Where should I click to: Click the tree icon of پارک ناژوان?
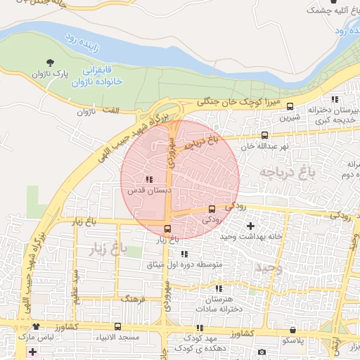click(x=49, y=63)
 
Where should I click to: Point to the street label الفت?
click(x=112, y=110)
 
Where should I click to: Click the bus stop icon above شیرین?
click(x=290, y=108)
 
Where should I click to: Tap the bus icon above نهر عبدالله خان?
click(x=264, y=136)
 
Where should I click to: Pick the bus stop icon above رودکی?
click(x=212, y=209)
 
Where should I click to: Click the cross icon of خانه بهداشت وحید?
click(x=251, y=226)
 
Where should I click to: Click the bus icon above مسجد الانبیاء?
click(x=117, y=327)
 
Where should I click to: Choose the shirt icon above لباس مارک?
click(x=36, y=327)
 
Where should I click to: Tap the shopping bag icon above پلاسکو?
click(x=292, y=330)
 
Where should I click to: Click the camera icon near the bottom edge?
click(x=262, y=352)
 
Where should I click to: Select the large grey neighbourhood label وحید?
click(x=269, y=268)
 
